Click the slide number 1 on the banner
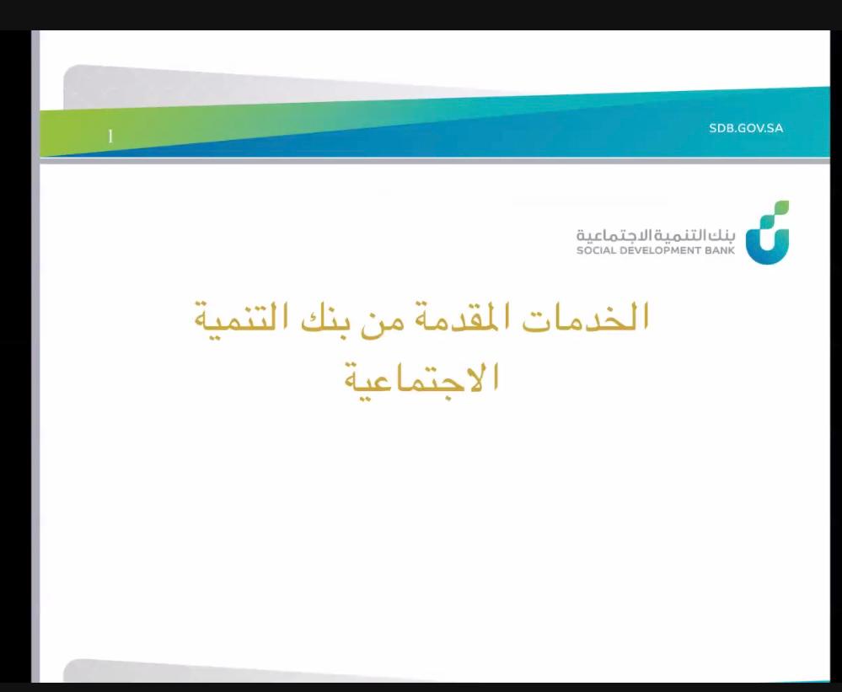click(x=110, y=137)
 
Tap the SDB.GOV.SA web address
click(x=746, y=128)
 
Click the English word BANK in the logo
click(x=720, y=250)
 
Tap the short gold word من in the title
click(x=377, y=325)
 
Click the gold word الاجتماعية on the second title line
click(x=421, y=379)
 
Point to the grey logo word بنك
click(x=722, y=235)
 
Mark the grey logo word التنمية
click(x=682, y=235)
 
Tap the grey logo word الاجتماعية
click(x=615, y=235)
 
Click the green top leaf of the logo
click(x=780, y=207)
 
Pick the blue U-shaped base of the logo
click(x=768, y=252)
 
